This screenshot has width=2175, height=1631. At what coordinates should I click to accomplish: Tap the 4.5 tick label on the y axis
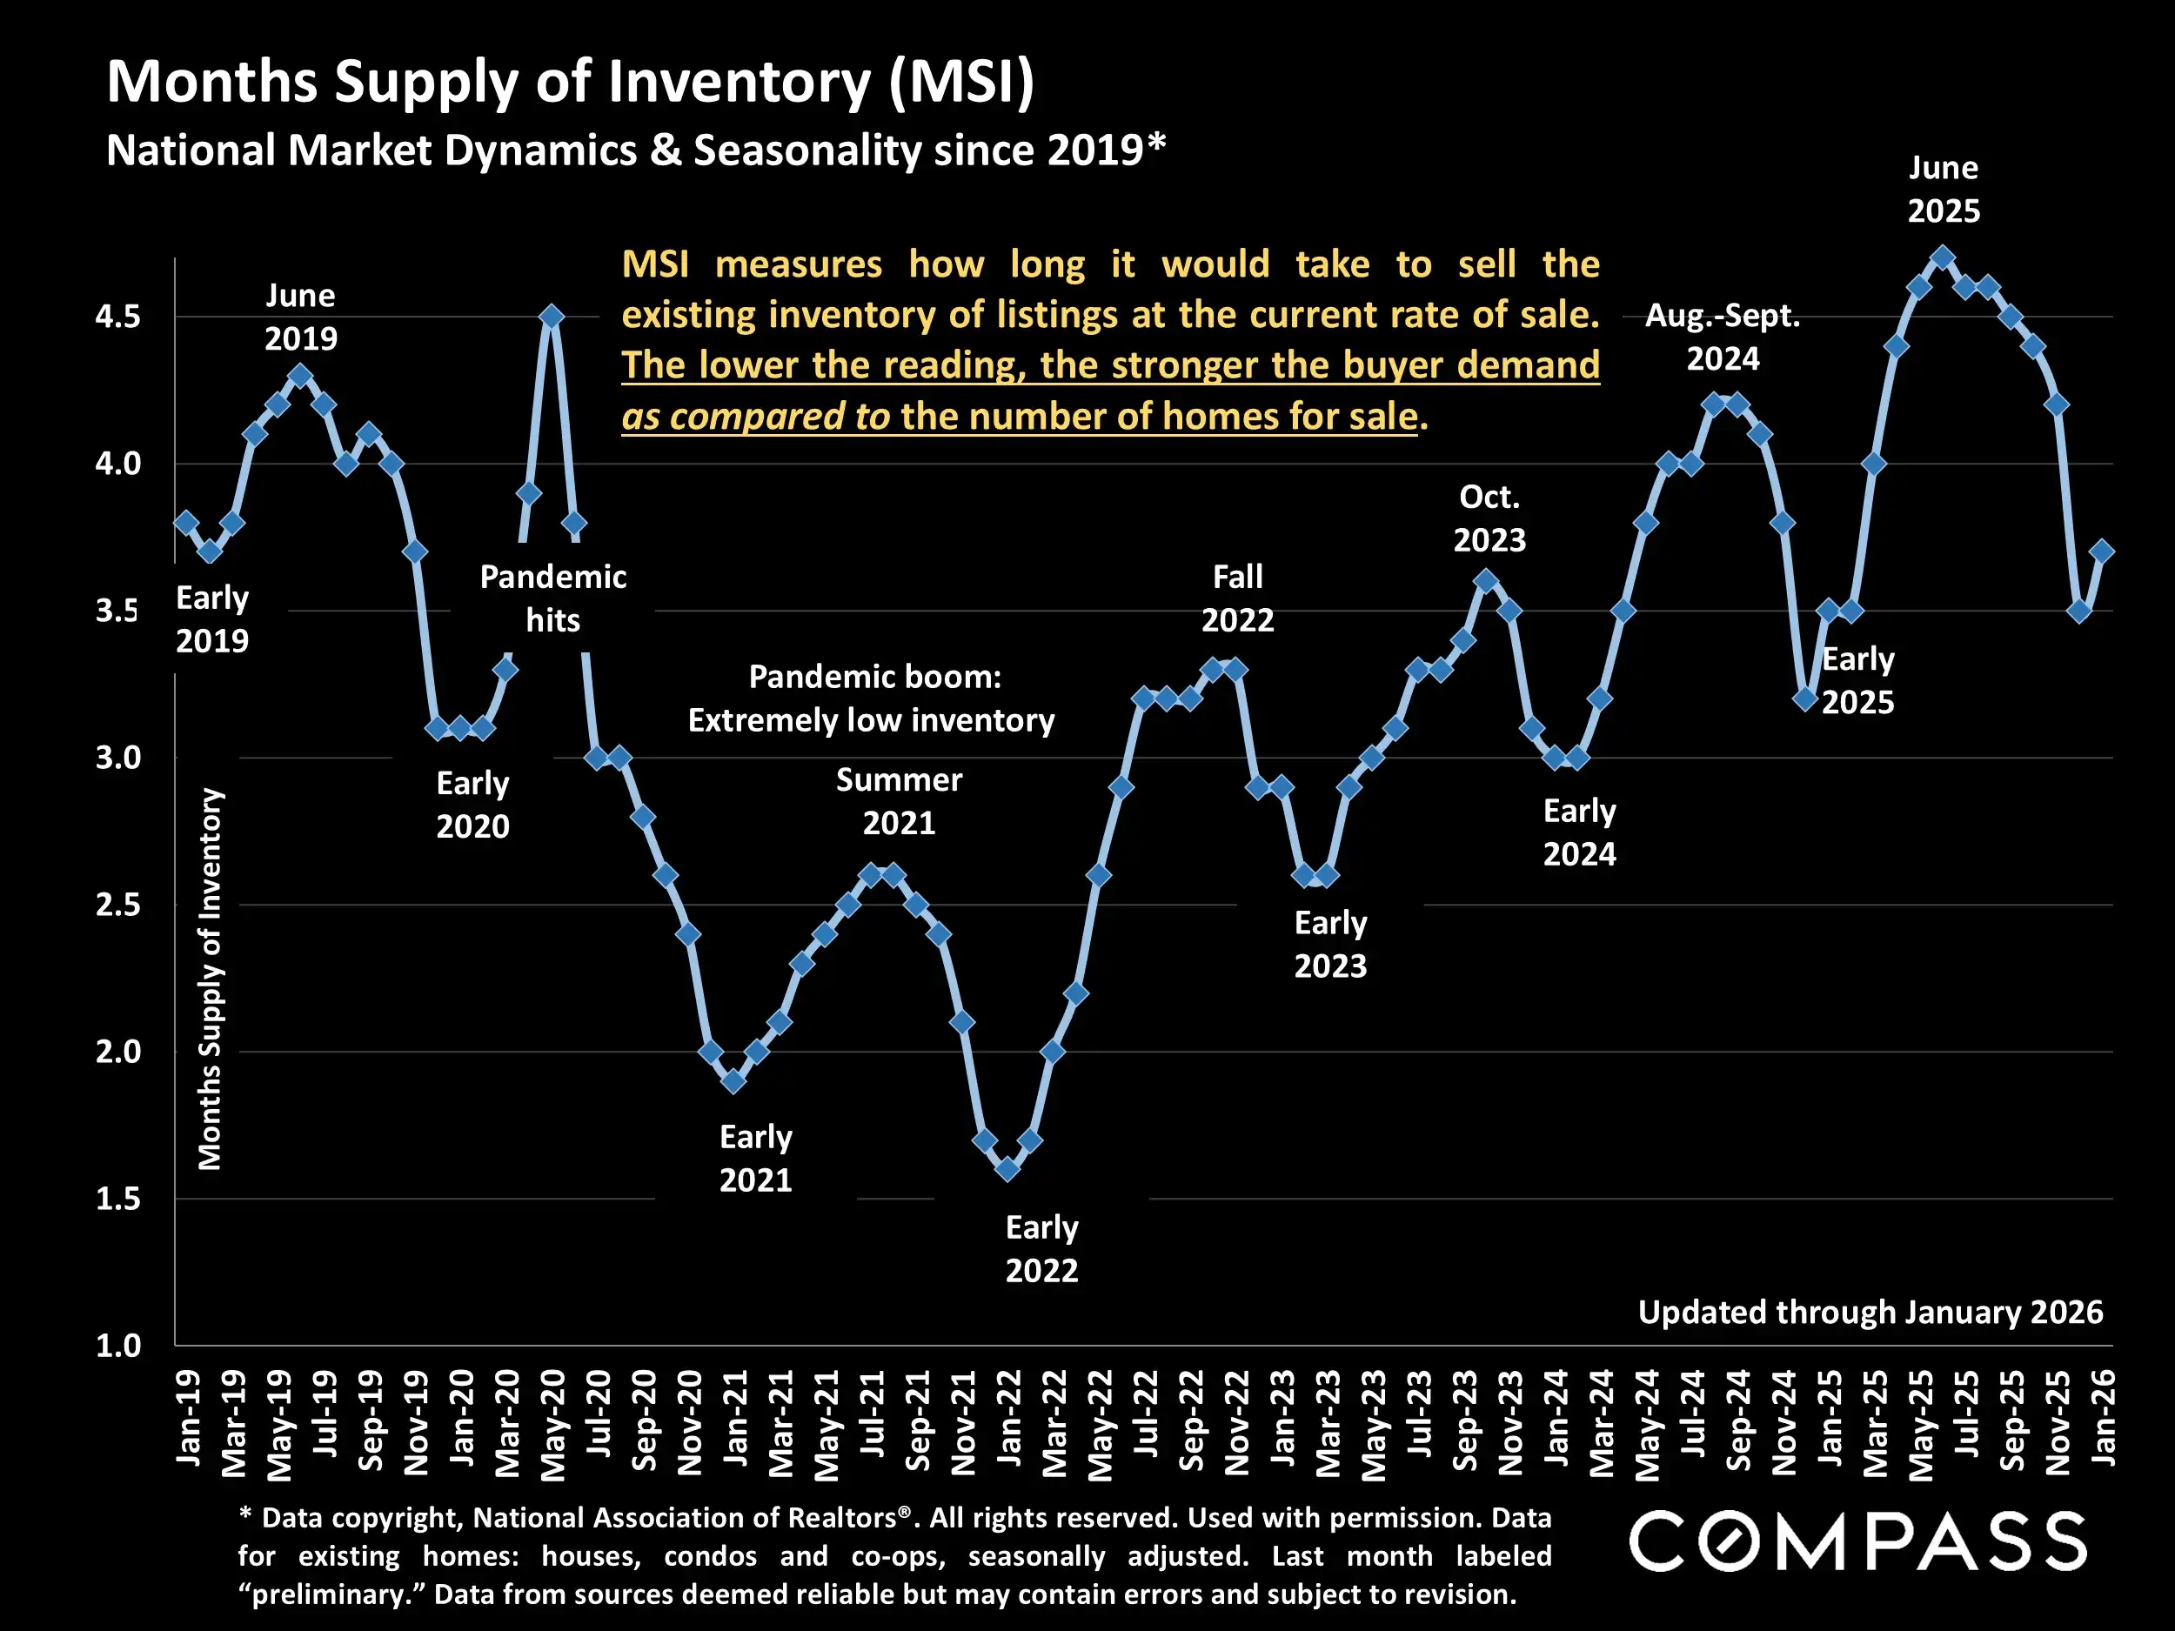point(118,317)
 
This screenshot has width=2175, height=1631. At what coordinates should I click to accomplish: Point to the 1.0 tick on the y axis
point(118,1345)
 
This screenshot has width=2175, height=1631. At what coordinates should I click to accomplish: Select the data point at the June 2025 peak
point(1942,258)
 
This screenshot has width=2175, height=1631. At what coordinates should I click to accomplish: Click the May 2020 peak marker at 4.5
point(552,317)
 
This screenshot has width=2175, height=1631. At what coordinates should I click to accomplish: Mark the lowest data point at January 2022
point(1007,1169)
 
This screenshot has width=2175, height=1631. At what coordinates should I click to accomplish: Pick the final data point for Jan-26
point(2102,551)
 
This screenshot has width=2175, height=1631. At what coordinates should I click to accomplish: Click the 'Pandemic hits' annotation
point(552,598)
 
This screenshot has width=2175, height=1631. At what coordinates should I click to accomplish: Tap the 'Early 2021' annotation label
point(755,1158)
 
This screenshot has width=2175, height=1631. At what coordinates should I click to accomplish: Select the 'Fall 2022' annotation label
point(1237,598)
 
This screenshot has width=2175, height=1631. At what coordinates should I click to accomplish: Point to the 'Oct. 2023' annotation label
point(1489,518)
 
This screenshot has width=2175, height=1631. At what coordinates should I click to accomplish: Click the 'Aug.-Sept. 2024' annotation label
point(1723,337)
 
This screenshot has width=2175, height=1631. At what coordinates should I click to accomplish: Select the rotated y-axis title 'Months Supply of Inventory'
point(210,979)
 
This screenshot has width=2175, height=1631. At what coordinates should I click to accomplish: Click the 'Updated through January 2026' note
point(1870,1312)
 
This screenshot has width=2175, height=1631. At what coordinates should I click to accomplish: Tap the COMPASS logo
point(1857,1541)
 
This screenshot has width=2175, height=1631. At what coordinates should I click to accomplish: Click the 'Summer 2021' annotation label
point(899,801)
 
